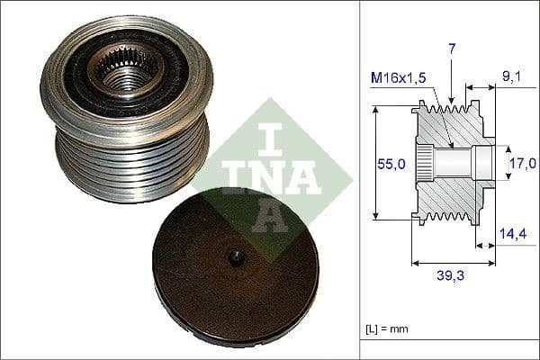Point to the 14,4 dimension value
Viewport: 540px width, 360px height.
point(512,233)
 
